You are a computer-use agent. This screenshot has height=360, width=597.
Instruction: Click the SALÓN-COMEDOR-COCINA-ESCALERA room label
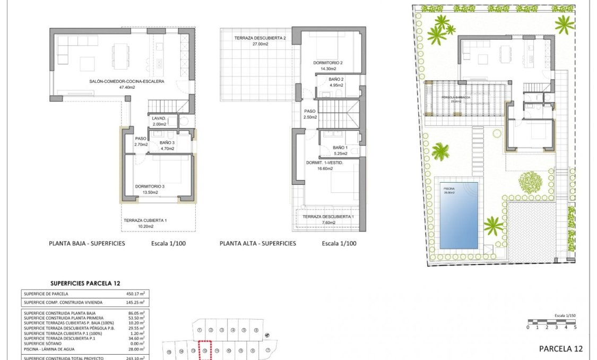click(127, 82)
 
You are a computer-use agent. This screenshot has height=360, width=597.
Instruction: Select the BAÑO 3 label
click(167, 143)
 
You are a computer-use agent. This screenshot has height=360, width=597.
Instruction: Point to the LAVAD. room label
click(159, 118)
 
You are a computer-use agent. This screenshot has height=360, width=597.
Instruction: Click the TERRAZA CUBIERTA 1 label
click(145, 220)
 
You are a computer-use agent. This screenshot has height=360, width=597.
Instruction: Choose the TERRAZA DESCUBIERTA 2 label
click(261, 38)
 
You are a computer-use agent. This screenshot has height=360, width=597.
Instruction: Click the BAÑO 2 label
click(336, 79)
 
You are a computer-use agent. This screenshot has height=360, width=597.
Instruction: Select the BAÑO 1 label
click(340, 148)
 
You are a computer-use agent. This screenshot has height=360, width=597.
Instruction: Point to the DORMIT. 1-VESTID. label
click(325, 163)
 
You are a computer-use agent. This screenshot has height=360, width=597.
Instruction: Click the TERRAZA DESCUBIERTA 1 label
click(328, 217)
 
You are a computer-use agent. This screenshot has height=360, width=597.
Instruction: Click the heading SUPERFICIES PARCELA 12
click(85, 284)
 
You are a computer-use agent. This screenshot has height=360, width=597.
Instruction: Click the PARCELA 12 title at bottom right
click(560, 349)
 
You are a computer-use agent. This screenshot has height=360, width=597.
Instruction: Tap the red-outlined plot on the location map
click(205, 351)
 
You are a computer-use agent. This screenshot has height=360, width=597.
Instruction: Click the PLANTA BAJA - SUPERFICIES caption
click(87, 244)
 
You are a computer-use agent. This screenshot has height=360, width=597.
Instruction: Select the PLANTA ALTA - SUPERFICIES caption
click(258, 244)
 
